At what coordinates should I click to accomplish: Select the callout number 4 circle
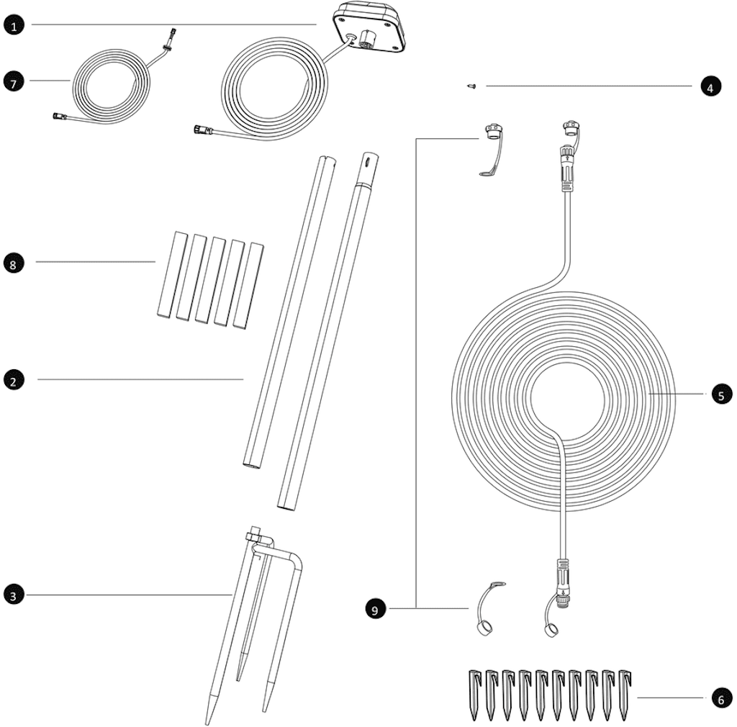(710, 87)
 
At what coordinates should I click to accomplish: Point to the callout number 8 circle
(13, 264)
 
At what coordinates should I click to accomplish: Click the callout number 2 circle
(13, 381)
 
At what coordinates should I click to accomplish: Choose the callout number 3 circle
(13, 596)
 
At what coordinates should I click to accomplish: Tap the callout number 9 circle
(374, 610)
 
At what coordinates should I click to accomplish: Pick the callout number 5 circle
(721, 394)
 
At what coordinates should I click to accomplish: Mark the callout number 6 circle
(721, 699)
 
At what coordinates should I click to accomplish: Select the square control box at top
(369, 27)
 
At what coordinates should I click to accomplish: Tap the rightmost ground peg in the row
(625, 694)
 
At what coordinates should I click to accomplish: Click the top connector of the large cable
(566, 167)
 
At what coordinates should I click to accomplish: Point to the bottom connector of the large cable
(563, 584)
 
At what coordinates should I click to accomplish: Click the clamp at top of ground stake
(254, 536)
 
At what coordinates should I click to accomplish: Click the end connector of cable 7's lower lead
(60, 116)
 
